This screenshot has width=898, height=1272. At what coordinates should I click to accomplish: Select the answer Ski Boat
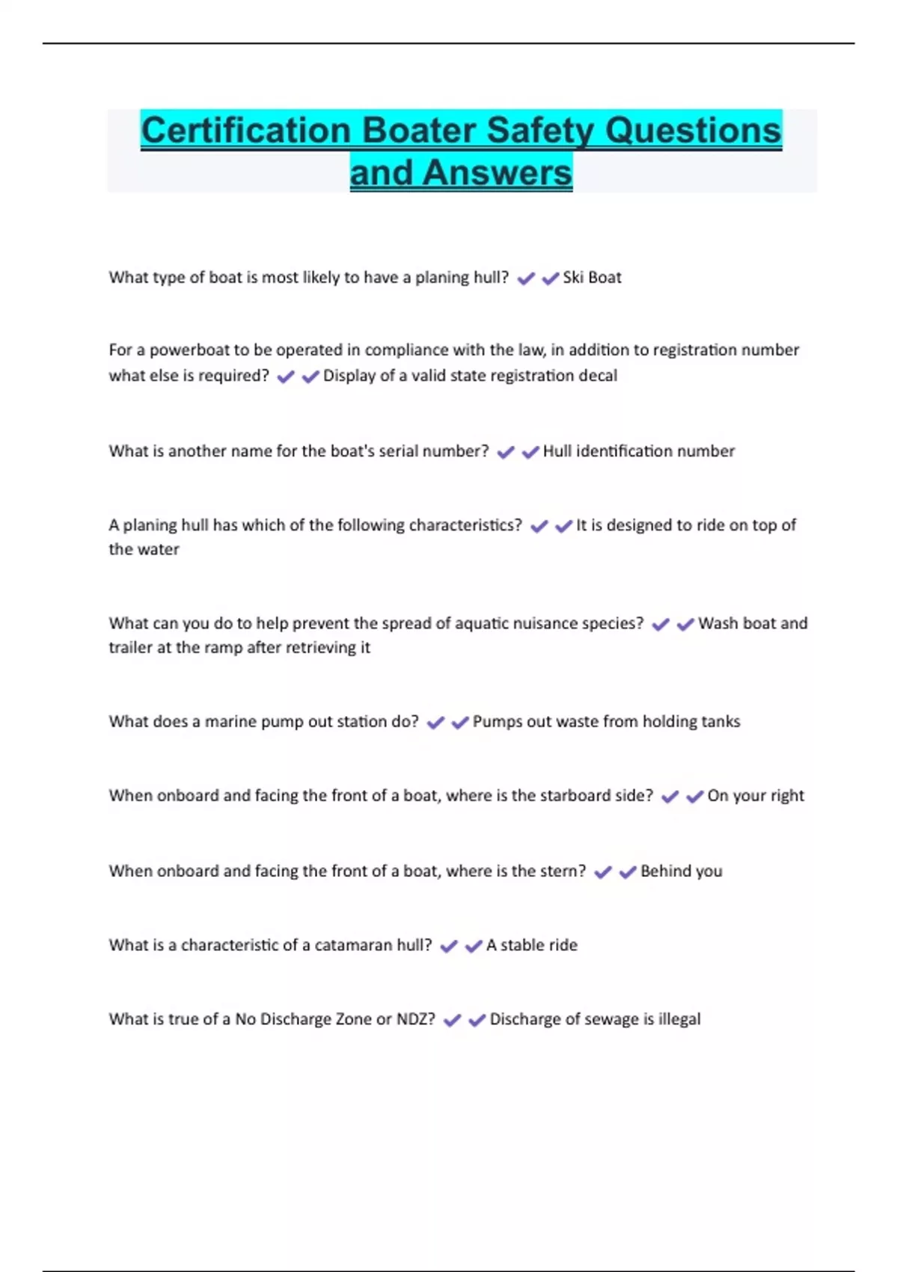592,278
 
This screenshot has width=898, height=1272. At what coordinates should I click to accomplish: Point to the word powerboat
189,350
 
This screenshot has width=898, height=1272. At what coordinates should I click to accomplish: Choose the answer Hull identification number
638,451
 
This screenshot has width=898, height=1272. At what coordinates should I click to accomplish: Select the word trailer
130,648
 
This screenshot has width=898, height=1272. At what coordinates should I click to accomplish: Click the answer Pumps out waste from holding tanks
606,722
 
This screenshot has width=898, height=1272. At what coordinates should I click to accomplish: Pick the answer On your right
755,796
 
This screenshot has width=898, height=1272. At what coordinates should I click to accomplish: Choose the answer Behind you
681,872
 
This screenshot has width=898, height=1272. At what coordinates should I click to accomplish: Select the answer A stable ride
531,946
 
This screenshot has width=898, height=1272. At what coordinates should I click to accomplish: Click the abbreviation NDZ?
415,1020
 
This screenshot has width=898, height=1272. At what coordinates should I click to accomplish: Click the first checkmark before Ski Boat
526,278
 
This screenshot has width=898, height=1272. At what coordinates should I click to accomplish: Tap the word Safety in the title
540,130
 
